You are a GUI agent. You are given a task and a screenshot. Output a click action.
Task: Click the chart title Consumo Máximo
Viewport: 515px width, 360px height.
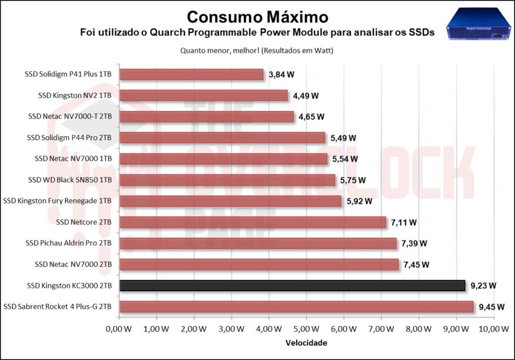click(257, 17)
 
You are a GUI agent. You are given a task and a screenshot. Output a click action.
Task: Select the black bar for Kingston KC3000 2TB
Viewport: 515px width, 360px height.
click(292, 286)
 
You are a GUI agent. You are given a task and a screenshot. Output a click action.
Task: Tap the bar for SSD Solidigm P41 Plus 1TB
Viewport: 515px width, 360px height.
click(191, 74)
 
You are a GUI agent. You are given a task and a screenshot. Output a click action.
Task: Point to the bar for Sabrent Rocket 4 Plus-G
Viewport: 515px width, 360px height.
click(296, 307)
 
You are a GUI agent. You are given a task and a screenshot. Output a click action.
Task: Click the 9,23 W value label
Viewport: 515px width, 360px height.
click(483, 286)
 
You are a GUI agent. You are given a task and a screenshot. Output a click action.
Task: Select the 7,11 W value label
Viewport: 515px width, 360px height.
click(404, 222)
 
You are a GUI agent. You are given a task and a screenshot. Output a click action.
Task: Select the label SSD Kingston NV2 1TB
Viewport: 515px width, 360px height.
click(75, 96)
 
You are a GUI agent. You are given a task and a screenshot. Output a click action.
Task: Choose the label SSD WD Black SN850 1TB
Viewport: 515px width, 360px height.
click(70, 180)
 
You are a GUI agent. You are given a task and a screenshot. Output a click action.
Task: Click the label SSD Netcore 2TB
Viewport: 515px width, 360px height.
click(84, 222)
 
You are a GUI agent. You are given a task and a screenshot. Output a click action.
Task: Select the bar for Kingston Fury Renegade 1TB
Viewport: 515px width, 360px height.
click(230, 201)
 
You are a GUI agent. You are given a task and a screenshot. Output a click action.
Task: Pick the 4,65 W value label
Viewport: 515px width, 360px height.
click(312, 117)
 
